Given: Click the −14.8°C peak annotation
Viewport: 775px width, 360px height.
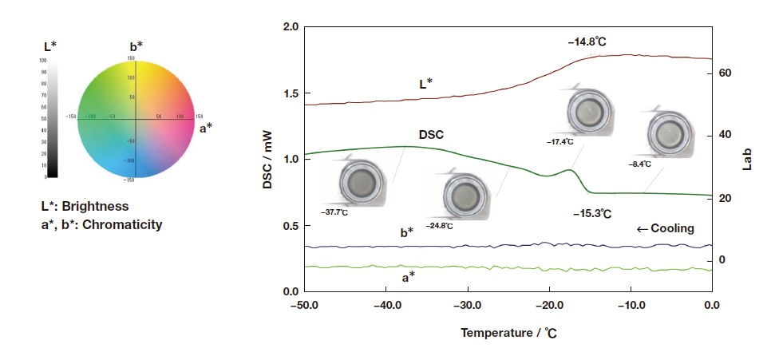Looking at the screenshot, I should pos(594,40).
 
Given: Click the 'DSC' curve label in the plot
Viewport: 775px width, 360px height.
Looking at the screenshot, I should pos(431,136).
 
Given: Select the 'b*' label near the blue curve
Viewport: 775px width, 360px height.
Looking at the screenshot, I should pos(406,232).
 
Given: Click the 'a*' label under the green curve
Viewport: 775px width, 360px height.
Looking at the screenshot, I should pos(408,277).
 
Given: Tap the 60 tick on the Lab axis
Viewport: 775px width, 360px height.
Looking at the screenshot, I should pos(725,73).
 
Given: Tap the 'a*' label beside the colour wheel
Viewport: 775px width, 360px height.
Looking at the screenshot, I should pos(206,126).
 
